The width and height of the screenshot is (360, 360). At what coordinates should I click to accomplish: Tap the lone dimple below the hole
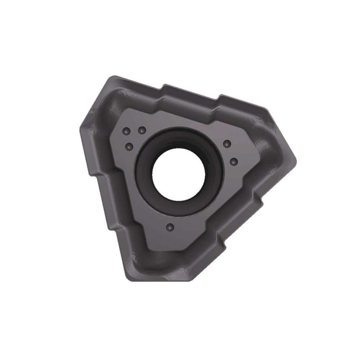point(171,227)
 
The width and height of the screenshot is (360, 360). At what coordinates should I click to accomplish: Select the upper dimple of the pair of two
point(226,144)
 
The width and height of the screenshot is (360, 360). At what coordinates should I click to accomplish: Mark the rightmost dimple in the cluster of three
point(142,130)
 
